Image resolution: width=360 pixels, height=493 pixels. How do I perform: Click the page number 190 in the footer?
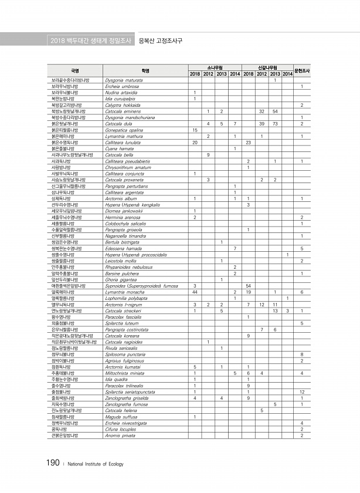(x=49, y=463)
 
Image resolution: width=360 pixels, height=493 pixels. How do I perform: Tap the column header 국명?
(x=75, y=70)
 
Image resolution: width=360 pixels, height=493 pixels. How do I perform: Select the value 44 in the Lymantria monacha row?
(x=195, y=291)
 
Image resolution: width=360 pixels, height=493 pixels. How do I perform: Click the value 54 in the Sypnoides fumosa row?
(x=249, y=285)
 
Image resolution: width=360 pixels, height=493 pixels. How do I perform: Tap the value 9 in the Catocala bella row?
(x=209, y=156)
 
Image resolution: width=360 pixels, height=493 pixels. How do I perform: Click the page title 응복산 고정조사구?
(x=159, y=41)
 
